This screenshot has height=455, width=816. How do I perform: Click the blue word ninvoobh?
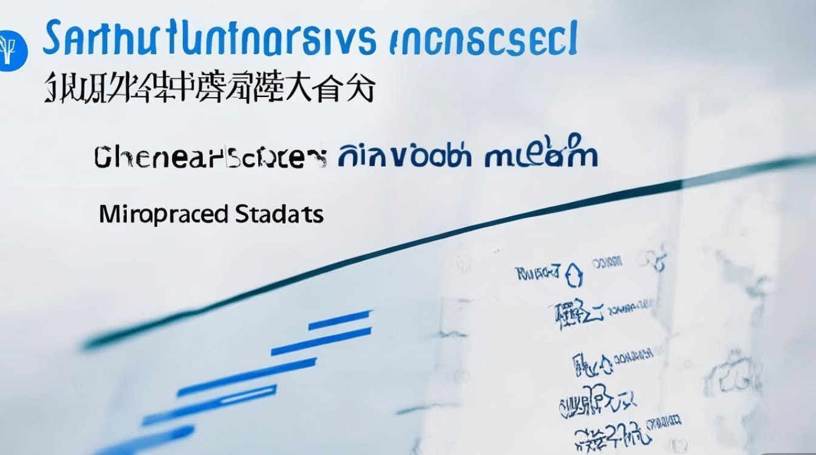[x=404, y=156]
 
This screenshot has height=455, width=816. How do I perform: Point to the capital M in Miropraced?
[x=107, y=215]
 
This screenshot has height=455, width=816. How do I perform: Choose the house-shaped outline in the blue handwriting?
[x=574, y=276]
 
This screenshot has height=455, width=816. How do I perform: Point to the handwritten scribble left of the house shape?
[x=537, y=274]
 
